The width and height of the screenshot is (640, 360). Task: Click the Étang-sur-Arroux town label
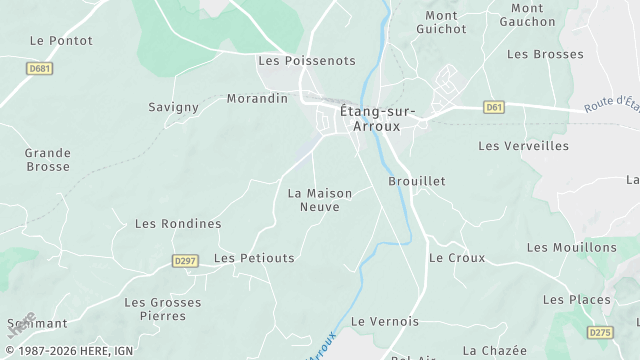370,119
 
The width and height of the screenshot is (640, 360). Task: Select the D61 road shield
493,107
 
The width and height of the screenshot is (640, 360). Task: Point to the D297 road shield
185,261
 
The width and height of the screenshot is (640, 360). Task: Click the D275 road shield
600,332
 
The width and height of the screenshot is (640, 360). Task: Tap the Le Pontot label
61,41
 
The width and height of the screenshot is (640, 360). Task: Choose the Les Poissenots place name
307,61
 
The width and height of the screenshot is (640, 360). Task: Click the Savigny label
174,107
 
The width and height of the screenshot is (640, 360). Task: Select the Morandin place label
257,99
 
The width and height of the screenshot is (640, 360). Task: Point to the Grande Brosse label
48,160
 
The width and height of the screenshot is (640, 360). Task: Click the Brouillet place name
416,181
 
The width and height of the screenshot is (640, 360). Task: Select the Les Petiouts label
255,258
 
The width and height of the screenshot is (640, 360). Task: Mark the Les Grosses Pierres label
162,309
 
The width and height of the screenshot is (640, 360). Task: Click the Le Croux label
457,258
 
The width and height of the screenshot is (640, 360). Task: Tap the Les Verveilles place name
523,146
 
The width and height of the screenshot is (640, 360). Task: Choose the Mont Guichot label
441,22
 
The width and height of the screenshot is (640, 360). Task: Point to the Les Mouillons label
572,247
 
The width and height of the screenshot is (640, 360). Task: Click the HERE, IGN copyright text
70,351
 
